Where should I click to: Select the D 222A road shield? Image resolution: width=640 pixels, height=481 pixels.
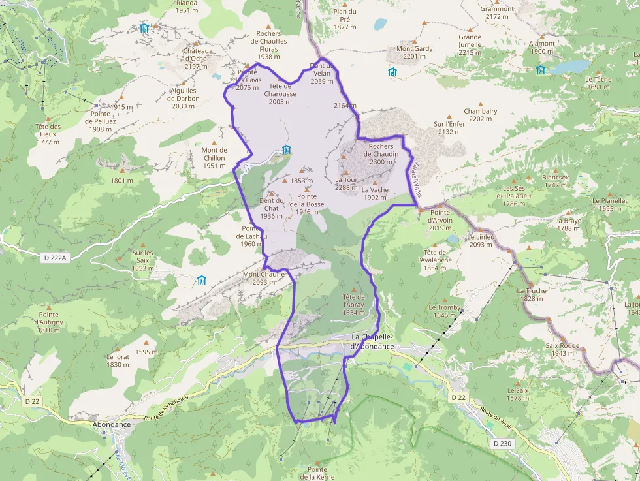pyautogui.click(x=55, y=258)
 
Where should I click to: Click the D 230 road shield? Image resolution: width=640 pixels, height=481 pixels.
pyautogui.click(x=503, y=444)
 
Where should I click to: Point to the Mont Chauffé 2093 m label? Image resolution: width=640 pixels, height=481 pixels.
pyautogui.click(x=263, y=278)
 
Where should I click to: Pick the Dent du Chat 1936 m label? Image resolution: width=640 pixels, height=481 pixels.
pyautogui.click(x=271, y=208)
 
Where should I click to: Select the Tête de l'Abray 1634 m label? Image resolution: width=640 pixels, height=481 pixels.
pyautogui.click(x=353, y=304)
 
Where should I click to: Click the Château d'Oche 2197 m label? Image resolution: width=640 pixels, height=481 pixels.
pyautogui.click(x=196, y=58)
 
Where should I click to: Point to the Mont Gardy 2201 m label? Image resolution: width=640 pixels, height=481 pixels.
pyautogui.click(x=415, y=53)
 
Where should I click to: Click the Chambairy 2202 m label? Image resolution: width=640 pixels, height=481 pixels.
pyautogui.click(x=480, y=115)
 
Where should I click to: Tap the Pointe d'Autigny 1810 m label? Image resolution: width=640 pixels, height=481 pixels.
pyautogui.click(x=49, y=322)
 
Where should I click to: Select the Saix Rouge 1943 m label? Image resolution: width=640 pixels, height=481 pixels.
pyautogui.click(x=565, y=349)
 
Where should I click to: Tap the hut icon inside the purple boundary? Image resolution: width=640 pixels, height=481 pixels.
pyautogui.click(x=286, y=149)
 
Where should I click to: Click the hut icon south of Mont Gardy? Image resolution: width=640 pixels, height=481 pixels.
pyautogui.click(x=392, y=71)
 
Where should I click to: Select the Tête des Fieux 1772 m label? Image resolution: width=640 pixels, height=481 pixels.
pyautogui.click(x=48, y=134)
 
